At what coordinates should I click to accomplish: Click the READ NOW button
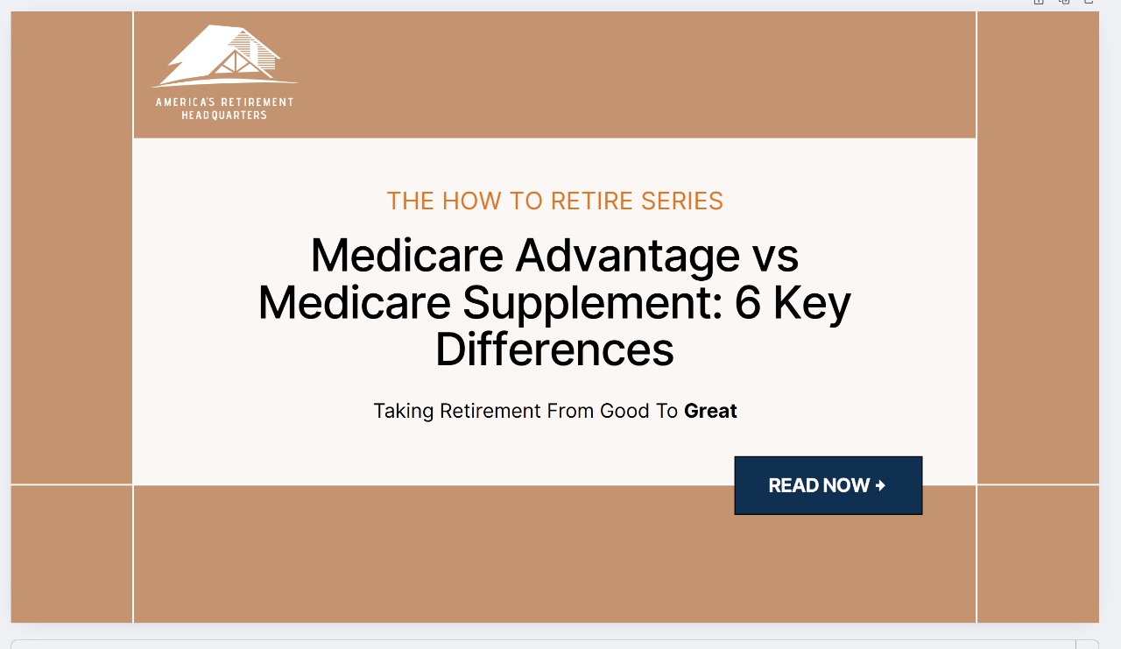828,485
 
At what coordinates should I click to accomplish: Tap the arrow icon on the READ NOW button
880,485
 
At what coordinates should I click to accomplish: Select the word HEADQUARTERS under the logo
224,116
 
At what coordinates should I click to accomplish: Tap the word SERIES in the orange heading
682,201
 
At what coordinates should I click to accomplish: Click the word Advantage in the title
627,256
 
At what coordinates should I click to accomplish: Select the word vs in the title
775,256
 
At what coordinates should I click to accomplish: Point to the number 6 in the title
748,303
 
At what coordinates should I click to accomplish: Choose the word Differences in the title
554,349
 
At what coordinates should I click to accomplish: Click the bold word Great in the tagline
710,411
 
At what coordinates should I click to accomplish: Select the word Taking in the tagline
404,411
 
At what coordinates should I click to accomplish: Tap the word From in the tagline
571,411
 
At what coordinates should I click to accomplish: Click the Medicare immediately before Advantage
407,256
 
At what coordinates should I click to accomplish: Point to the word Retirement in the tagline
490,411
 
